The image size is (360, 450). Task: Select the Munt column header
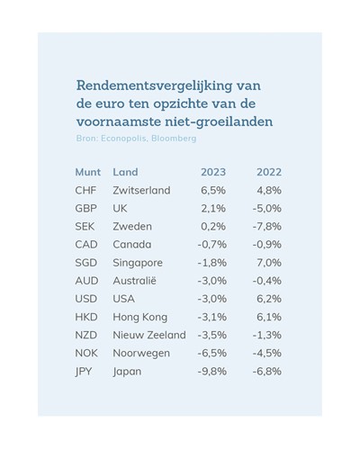(88, 172)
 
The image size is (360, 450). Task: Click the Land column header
(125, 172)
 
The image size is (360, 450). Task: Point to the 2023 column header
(213, 172)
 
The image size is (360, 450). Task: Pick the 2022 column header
(269, 172)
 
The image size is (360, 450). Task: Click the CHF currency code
(85, 190)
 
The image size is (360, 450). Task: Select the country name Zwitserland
(141, 190)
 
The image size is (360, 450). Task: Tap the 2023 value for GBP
(213, 208)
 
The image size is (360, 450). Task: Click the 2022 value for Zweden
(267, 226)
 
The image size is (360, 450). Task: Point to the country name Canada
(132, 245)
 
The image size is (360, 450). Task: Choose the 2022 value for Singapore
(269, 263)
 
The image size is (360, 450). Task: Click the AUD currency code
(86, 281)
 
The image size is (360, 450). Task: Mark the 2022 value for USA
(269, 299)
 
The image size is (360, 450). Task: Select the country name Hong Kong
(140, 317)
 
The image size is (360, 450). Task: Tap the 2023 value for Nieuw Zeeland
(212, 335)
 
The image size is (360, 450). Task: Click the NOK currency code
(86, 353)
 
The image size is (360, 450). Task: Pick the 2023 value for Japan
(212, 372)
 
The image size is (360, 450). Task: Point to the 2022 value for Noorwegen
(267, 353)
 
